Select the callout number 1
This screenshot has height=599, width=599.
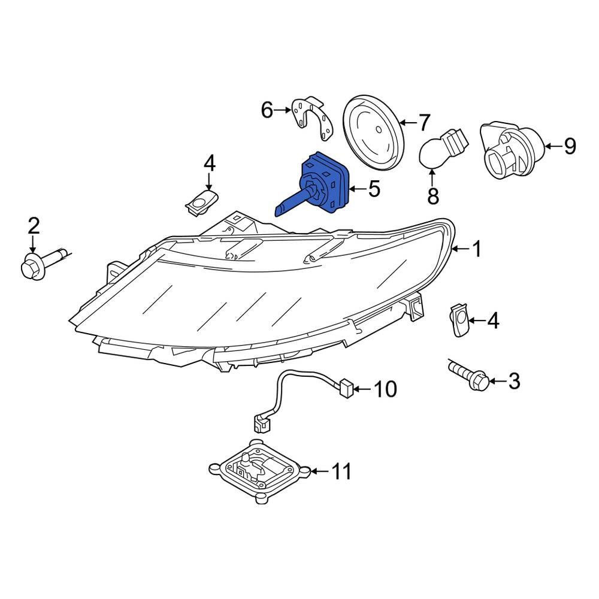point(477,249)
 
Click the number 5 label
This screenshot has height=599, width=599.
point(374,189)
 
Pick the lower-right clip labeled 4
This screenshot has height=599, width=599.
point(460,320)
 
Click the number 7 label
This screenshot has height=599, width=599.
point(424,123)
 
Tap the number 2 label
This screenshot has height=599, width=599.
point(34,226)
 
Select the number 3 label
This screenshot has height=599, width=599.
point(514,381)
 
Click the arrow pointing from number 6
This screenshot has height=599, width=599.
point(283,110)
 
